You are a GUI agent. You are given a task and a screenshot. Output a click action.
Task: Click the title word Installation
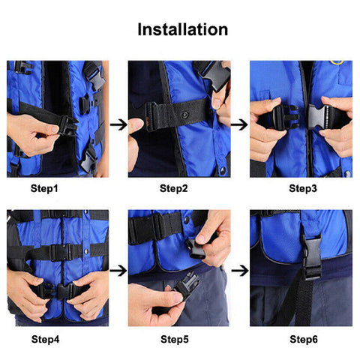182,30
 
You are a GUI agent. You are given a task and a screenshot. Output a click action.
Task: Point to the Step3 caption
302,189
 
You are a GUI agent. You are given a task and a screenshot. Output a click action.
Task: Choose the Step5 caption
175,339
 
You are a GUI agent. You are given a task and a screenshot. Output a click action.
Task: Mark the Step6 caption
302,339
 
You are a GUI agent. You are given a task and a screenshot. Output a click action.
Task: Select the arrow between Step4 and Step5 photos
118,268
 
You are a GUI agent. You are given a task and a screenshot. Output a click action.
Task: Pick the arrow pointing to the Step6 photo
240,268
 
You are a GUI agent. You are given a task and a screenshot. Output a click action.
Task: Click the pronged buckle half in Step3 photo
286,117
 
